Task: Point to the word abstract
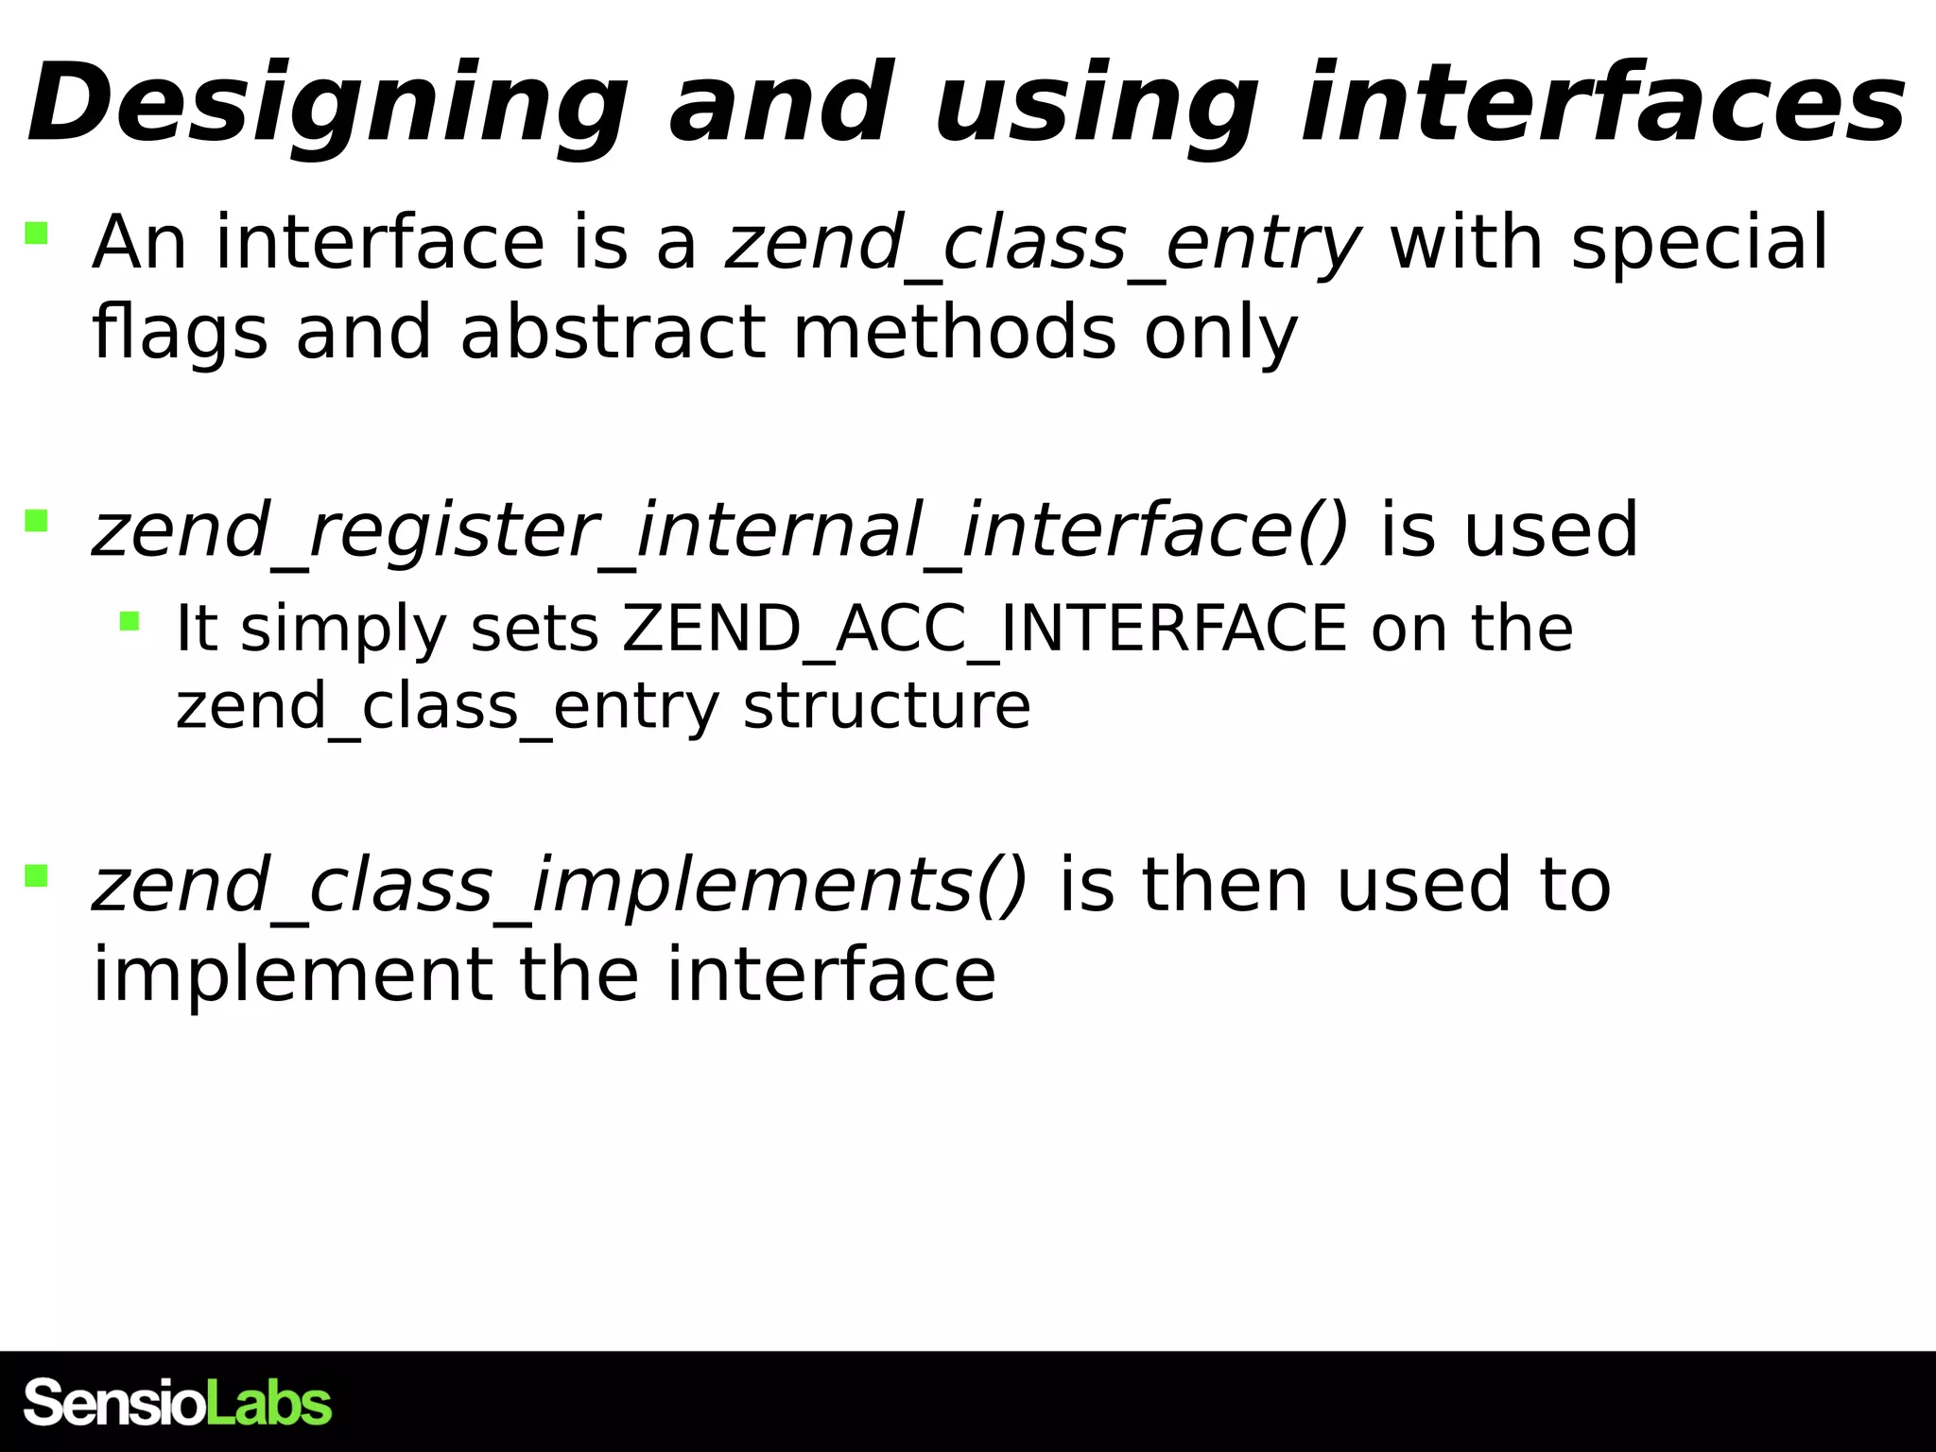613,333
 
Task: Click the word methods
955,333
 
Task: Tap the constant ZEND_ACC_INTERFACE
984,629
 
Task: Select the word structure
887,706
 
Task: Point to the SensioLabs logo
178,1403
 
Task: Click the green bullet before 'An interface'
36,233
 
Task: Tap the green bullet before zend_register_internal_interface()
36,521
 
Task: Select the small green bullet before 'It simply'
130,621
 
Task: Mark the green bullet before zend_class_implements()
36,876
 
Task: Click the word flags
180,333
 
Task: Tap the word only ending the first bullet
1220,333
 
